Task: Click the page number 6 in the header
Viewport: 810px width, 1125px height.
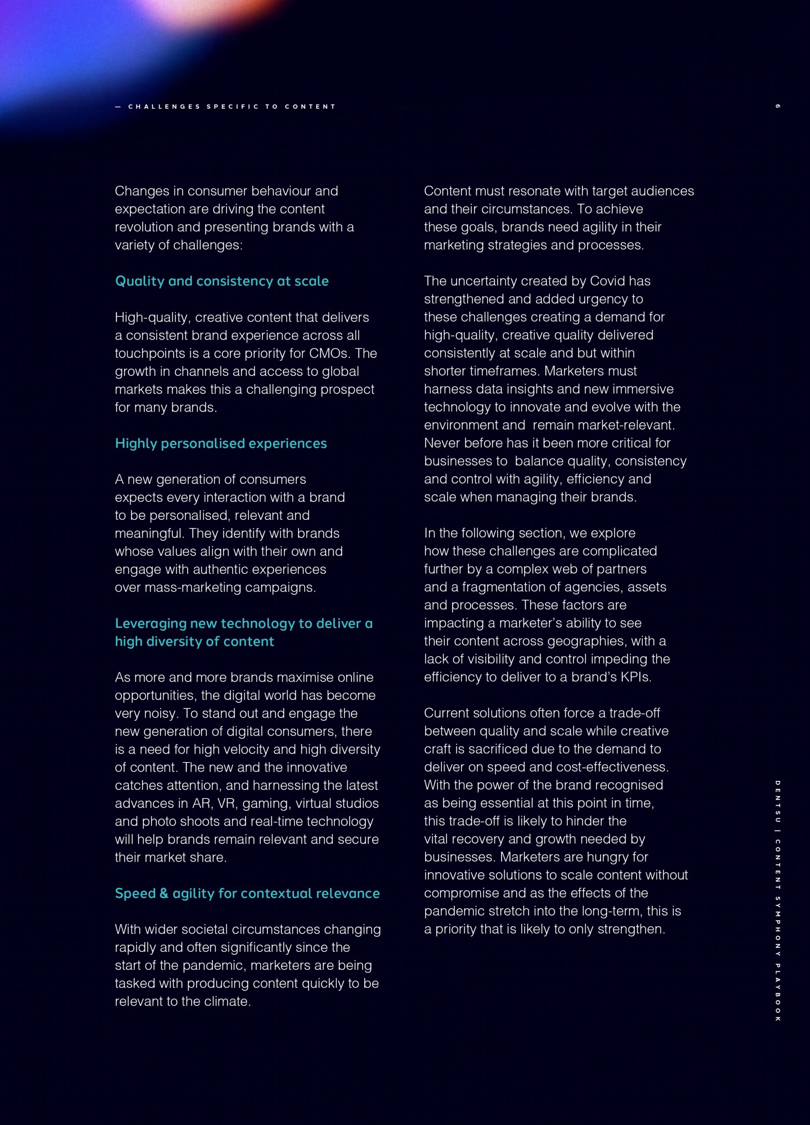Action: [x=777, y=106]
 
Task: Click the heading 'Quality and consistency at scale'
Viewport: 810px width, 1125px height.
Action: [x=222, y=281]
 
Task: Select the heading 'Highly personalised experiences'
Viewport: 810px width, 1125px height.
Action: [x=221, y=443]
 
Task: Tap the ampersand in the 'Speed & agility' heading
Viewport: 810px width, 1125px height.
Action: [x=163, y=894]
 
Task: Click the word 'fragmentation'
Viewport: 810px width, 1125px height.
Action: [x=504, y=587]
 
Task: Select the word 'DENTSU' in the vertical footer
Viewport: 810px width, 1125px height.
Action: [x=777, y=801]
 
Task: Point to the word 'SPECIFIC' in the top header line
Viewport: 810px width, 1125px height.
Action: [x=232, y=107]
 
